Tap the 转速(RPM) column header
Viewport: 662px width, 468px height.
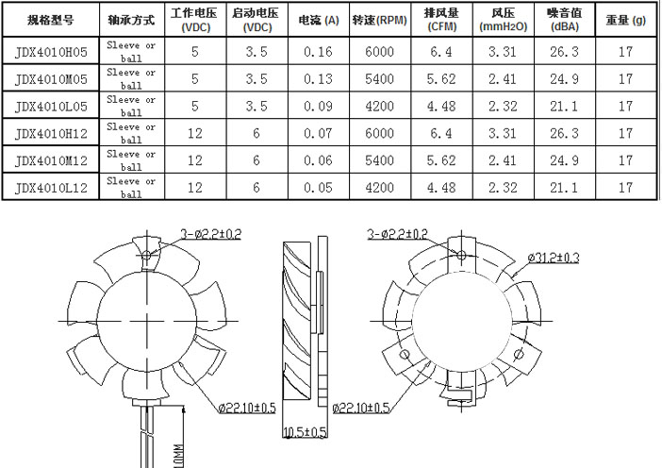click(378, 19)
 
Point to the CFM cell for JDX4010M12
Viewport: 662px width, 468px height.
click(440, 160)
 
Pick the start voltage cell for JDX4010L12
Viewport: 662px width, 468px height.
click(256, 188)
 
